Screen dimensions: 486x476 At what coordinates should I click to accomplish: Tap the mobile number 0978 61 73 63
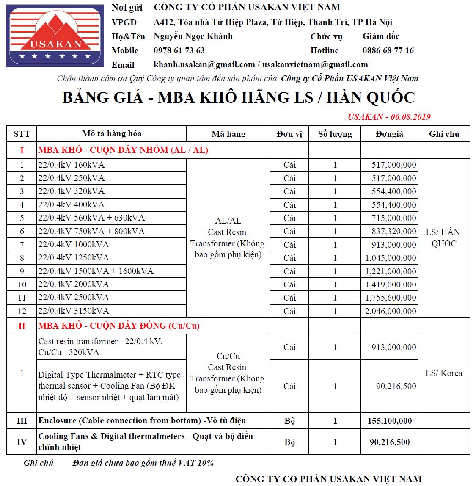click(x=179, y=50)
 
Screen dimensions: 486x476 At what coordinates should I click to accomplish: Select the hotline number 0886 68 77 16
click(x=388, y=50)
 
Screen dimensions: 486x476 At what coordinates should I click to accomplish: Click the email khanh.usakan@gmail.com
click(x=204, y=65)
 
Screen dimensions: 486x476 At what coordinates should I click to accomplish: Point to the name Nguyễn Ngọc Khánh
click(x=193, y=36)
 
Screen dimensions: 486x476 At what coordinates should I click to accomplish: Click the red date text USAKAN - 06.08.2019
click(x=389, y=117)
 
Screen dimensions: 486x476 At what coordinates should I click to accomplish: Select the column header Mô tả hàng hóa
click(x=112, y=134)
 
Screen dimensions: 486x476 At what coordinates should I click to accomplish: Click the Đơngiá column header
click(x=389, y=134)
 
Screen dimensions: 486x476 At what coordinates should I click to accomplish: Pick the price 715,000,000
click(x=394, y=218)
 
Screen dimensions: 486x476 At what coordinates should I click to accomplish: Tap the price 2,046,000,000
click(x=391, y=311)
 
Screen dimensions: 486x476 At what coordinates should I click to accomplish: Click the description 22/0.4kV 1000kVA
click(x=74, y=244)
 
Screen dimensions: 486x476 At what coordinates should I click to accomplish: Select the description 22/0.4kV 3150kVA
click(x=74, y=311)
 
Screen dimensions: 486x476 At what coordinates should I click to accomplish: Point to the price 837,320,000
click(x=394, y=231)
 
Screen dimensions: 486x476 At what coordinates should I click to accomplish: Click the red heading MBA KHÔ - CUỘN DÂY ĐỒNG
click(x=119, y=326)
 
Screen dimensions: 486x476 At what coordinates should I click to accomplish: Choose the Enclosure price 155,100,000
click(x=390, y=421)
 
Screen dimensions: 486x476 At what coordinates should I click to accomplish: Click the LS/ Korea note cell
click(x=443, y=373)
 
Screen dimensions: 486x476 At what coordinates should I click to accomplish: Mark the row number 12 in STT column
click(x=22, y=311)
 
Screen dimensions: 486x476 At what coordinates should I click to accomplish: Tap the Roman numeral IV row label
click(x=22, y=442)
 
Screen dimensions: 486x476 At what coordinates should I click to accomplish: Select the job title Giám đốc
click(x=381, y=36)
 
